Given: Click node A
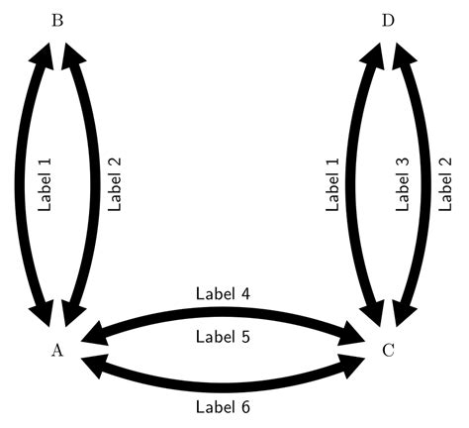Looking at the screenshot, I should click(x=57, y=349).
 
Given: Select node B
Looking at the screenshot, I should click(x=57, y=20).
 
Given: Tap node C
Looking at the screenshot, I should click(x=387, y=349).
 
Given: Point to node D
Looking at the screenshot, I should click(x=387, y=20).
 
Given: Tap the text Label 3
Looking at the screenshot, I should click(x=402, y=184).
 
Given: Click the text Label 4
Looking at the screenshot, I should click(x=223, y=293).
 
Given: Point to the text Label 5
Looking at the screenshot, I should click(x=223, y=337).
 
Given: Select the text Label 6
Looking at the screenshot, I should click(x=223, y=405).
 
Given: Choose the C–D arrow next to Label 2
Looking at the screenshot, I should click(x=420, y=184).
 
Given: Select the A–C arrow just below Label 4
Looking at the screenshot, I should click(x=223, y=314).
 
